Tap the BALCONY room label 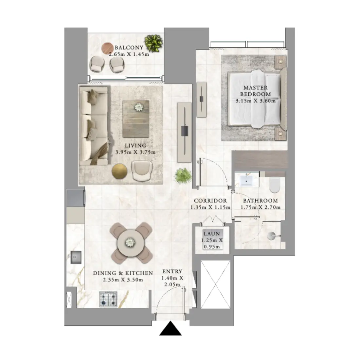pyautogui.click(x=129, y=47)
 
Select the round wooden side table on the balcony pyautogui.click(x=107, y=48)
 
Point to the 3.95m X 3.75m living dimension pyautogui.click(x=135, y=152)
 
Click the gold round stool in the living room pyautogui.click(x=119, y=171)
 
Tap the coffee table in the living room pyautogui.click(x=135, y=119)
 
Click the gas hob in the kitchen pyautogui.click(x=108, y=299)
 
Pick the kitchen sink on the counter pyautogui.click(x=77, y=257)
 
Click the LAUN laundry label pyautogui.click(x=212, y=234)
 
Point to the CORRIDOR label pyautogui.click(x=210, y=201)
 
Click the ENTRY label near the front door pyautogui.click(x=172, y=271)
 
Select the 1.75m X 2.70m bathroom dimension pyautogui.click(x=261, y=207)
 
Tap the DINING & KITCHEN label pyautogui.click(x=123, y=273)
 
